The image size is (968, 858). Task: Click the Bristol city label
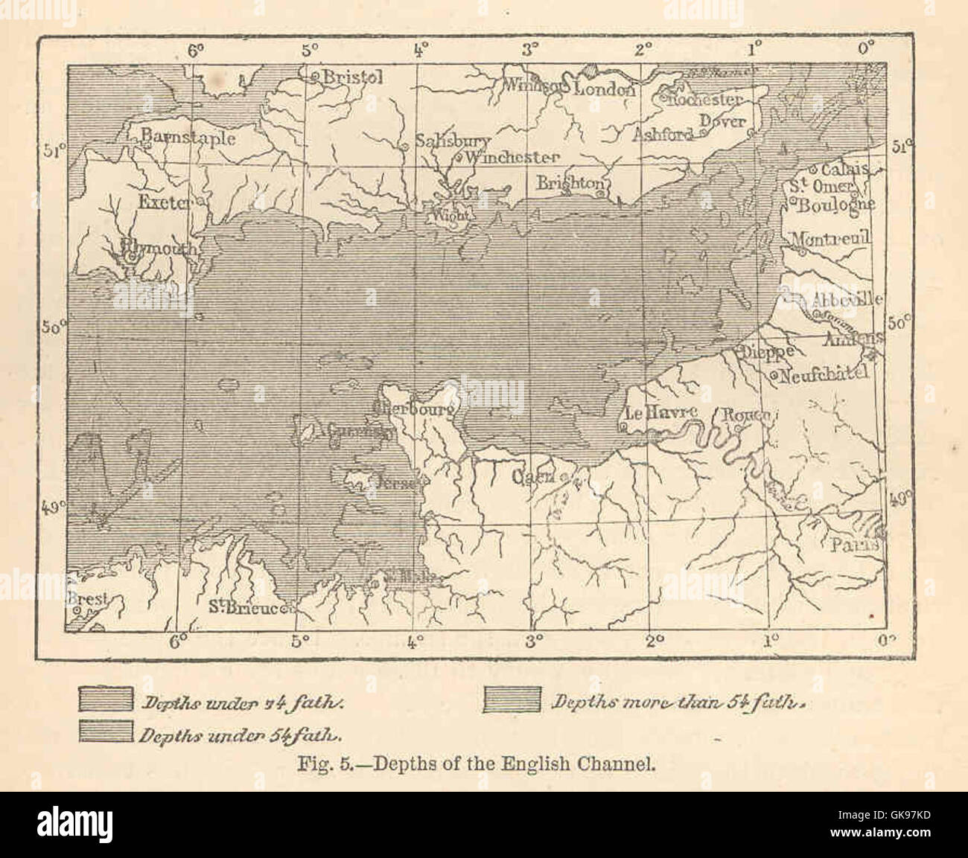(353, 77)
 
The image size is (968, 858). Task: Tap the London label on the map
(605, 89)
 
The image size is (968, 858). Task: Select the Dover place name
(722, 121)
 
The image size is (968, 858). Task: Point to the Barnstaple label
(188, 138)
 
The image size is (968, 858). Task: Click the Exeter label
(164, 202)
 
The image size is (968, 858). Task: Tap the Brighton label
(570, 182)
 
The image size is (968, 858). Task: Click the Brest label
(89, 598)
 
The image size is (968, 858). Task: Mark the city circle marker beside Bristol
(314, 76)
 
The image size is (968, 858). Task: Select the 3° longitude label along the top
(530, 51)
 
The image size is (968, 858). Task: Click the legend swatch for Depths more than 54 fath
(512, 700)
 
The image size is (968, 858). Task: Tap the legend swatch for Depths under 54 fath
(106, 732)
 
